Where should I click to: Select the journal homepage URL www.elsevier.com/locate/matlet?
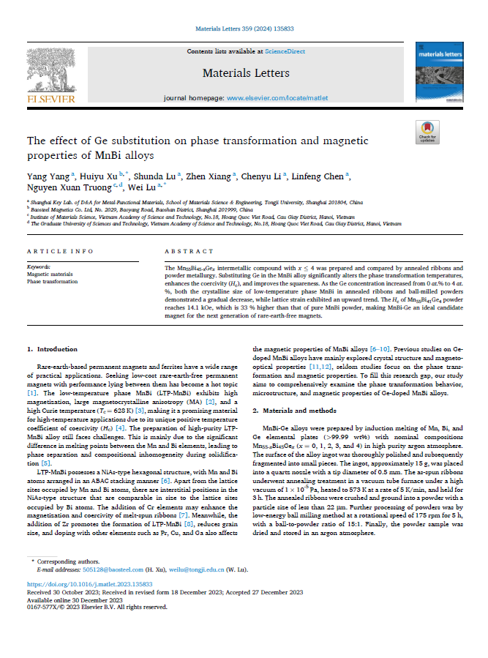pyautogui.click(x=275, y=97)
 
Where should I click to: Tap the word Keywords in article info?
pyautogui.click(x=39, y=268)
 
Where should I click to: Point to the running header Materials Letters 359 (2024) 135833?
pyautogui.click(x=244, y=29)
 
